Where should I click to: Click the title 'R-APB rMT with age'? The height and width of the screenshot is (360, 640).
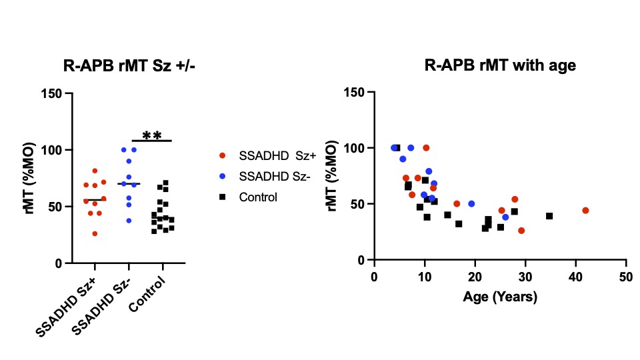[x=500, y=65]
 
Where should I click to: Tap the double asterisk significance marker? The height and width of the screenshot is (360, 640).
[x=153, y=136]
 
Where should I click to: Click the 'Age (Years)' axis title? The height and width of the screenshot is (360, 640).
[x=500, y=297]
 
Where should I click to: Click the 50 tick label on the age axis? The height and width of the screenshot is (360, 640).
[x=625, y=276]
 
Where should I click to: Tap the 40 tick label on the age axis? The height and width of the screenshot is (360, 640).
[x=575, y=276]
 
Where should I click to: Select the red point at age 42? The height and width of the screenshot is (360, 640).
[x=585, y=211]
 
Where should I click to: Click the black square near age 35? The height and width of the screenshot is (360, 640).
[x=549, y=216]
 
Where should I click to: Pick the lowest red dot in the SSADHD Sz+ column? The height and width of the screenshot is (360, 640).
[x=95, y=233]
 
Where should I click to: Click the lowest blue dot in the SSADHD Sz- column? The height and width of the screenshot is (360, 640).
[x=129, y=220]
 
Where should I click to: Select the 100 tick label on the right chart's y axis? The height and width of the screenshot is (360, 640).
[x=355, y=148]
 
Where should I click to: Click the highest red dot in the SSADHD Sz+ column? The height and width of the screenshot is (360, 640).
[x=95, y=171]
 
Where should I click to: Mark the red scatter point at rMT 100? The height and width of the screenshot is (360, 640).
[x=426, y=147]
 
